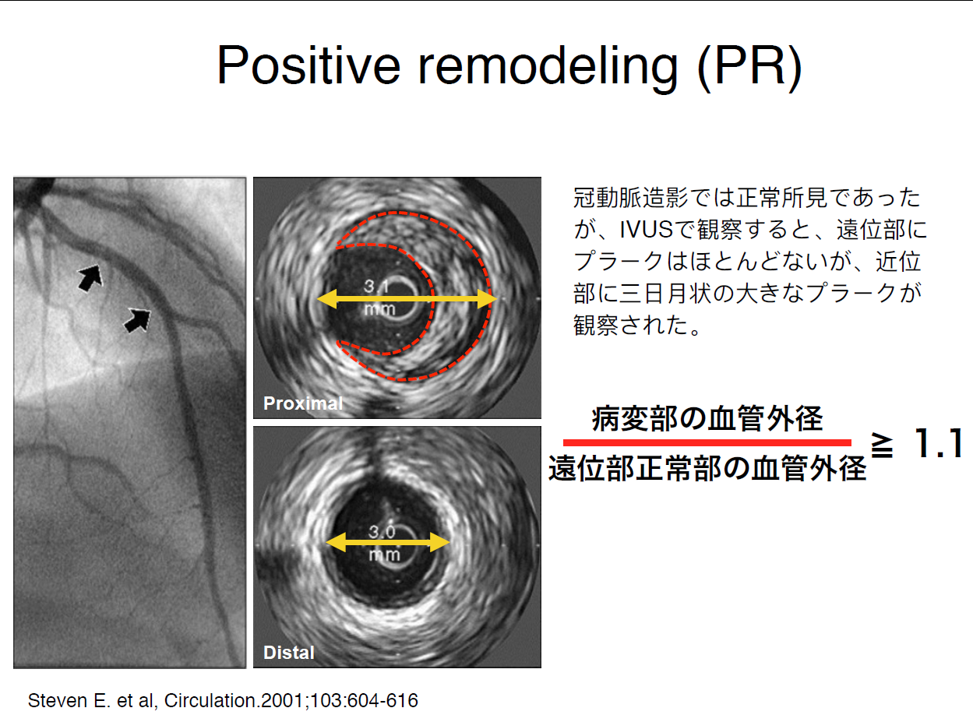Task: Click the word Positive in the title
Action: [x=308, y=65]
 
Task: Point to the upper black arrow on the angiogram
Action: [x=90, y=277]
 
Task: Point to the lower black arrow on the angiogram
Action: [x=138, y=320]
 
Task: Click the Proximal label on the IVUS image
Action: [x=303, y=403]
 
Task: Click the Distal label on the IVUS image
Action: [x=289, y=652]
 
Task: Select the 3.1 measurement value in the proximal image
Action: [x=376, y=287]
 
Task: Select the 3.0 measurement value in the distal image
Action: [x=382, y=532]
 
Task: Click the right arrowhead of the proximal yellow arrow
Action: [x=488, y=299]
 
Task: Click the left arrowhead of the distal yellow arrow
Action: [x=337, y=543]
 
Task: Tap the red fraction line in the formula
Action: [x=707, y=442]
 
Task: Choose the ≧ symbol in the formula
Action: [x=882, y=446]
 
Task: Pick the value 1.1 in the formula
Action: [x=939, y=443]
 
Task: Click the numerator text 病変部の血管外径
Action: [x=707, y=418]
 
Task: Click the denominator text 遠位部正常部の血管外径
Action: [x=707, y=468]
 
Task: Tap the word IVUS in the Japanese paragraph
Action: [x=646, y=230]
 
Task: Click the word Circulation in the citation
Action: [x=210, y=700]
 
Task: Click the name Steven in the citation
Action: [x=57, y=700]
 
